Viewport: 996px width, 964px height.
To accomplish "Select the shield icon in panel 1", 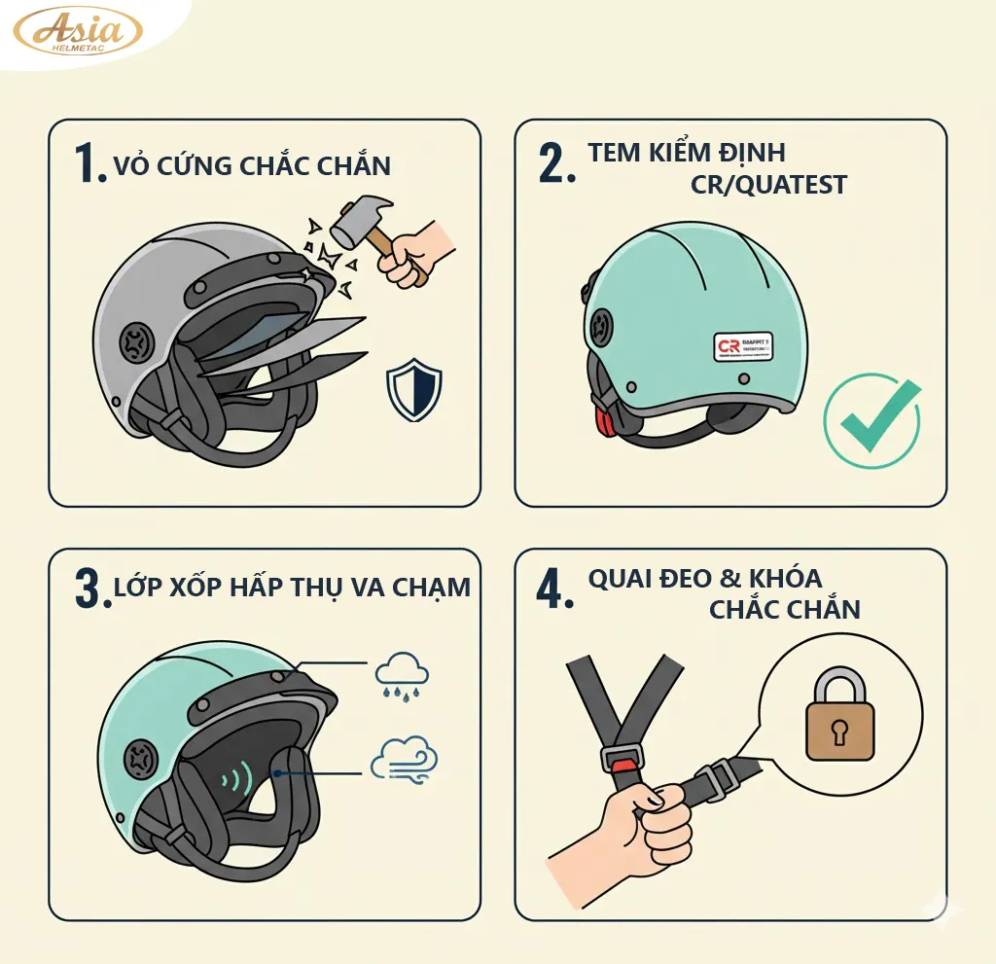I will click(413, 390).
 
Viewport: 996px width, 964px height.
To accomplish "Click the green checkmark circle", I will click(871, 421).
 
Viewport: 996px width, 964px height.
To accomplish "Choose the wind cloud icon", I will click(404, 758).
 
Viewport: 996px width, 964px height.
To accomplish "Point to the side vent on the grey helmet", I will click(133, 343).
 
